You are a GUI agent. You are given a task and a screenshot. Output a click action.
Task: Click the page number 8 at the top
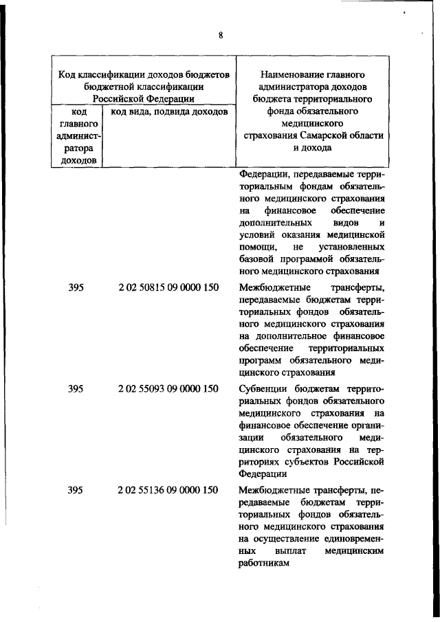pos(221,35)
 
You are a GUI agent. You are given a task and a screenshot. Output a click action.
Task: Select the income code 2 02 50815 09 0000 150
pos(168,287)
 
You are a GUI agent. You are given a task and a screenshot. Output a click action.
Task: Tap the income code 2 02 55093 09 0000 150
pos(168,389)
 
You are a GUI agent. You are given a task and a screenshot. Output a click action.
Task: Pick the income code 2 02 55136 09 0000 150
pos(168,490)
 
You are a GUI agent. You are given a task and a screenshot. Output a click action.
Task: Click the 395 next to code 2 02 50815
pos(76,287)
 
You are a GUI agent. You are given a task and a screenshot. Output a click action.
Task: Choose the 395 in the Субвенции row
pos(76,389)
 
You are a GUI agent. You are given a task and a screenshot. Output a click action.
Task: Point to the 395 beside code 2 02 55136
pos(76,490)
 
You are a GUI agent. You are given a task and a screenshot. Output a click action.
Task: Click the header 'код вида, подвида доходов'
pos(169,111)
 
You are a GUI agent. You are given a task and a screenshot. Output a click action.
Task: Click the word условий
pos(256,234)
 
